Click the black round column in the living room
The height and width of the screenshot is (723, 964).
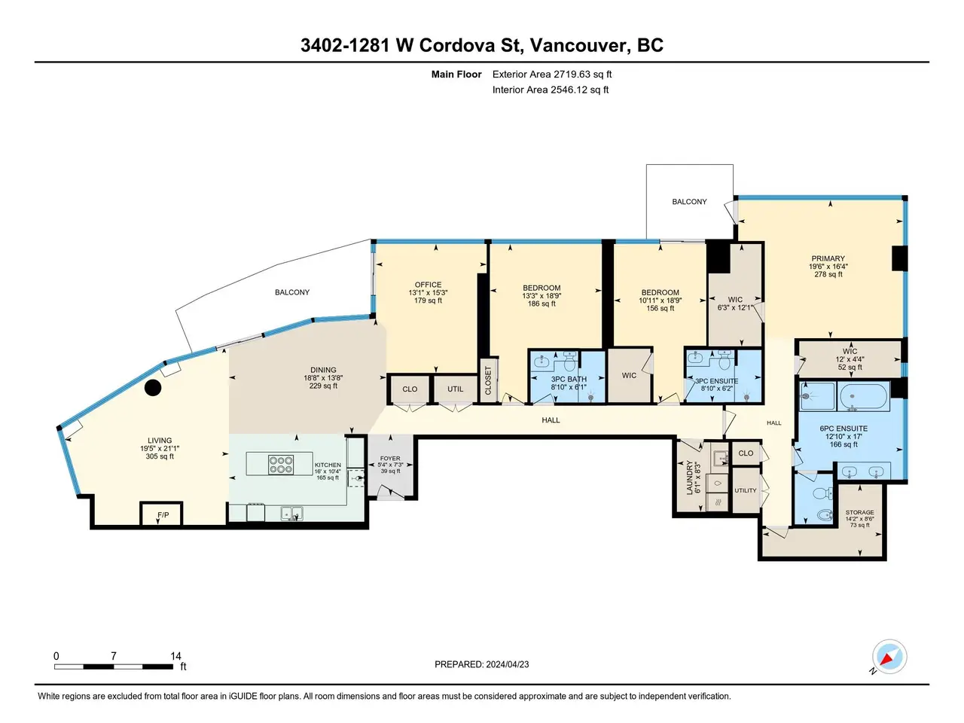pos(153,388)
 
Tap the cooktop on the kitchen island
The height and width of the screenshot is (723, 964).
pos(281,465)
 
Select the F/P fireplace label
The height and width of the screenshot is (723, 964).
pos(163,514)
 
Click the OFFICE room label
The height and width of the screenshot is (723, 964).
pos(429,285)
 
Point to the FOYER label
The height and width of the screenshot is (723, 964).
pos(390,459)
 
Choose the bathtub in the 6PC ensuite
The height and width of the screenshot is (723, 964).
pos(863,396)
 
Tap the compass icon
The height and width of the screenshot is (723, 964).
pos(889,657)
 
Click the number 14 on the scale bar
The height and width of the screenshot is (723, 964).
pos(175,656)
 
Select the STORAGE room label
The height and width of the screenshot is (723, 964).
pos(859,512)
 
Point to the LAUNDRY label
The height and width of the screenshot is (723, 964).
pos(689,477)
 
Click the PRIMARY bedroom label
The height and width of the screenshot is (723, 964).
pos(828,258)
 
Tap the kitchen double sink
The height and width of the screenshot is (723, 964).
pos(292,513)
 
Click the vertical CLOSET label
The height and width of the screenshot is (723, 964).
pos(487,380)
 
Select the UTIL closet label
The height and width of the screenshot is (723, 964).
pos(455,389)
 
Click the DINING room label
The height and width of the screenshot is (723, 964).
pos(323,370)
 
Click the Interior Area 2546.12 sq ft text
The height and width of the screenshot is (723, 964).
pos(551,90)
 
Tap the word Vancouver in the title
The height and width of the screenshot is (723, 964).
pos(578,45)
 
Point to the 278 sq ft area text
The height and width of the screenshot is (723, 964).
pos(828,274)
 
